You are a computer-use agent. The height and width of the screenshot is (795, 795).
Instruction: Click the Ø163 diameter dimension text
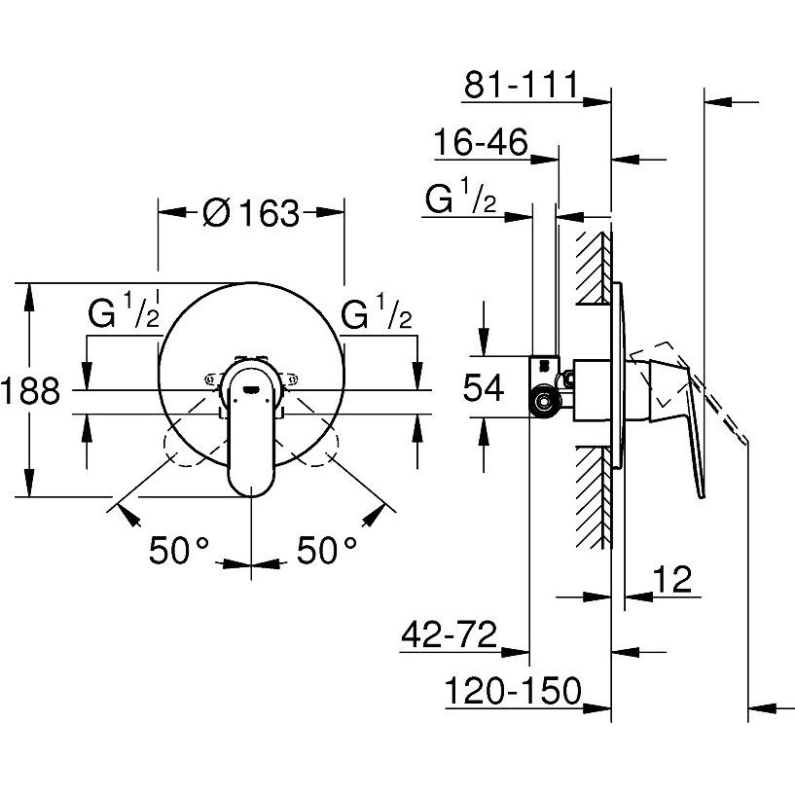pyautogui.click(x=251, y=211)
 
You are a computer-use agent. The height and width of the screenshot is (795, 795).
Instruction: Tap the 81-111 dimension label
pyautogui.click(x=521, y=85)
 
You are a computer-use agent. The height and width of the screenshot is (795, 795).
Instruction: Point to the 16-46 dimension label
pyautogui.click(x=480, y=144)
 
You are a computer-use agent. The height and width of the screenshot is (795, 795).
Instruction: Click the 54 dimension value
pyautogui.click(x=483, y=389)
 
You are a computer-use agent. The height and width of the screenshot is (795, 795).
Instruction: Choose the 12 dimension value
pyautogui.click(x=671, y=580)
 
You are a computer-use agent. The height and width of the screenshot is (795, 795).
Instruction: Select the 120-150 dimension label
pyautogui.click(x=512, y=692)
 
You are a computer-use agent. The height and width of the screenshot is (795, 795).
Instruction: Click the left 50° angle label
pyautogui.click(x=179, y=551)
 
